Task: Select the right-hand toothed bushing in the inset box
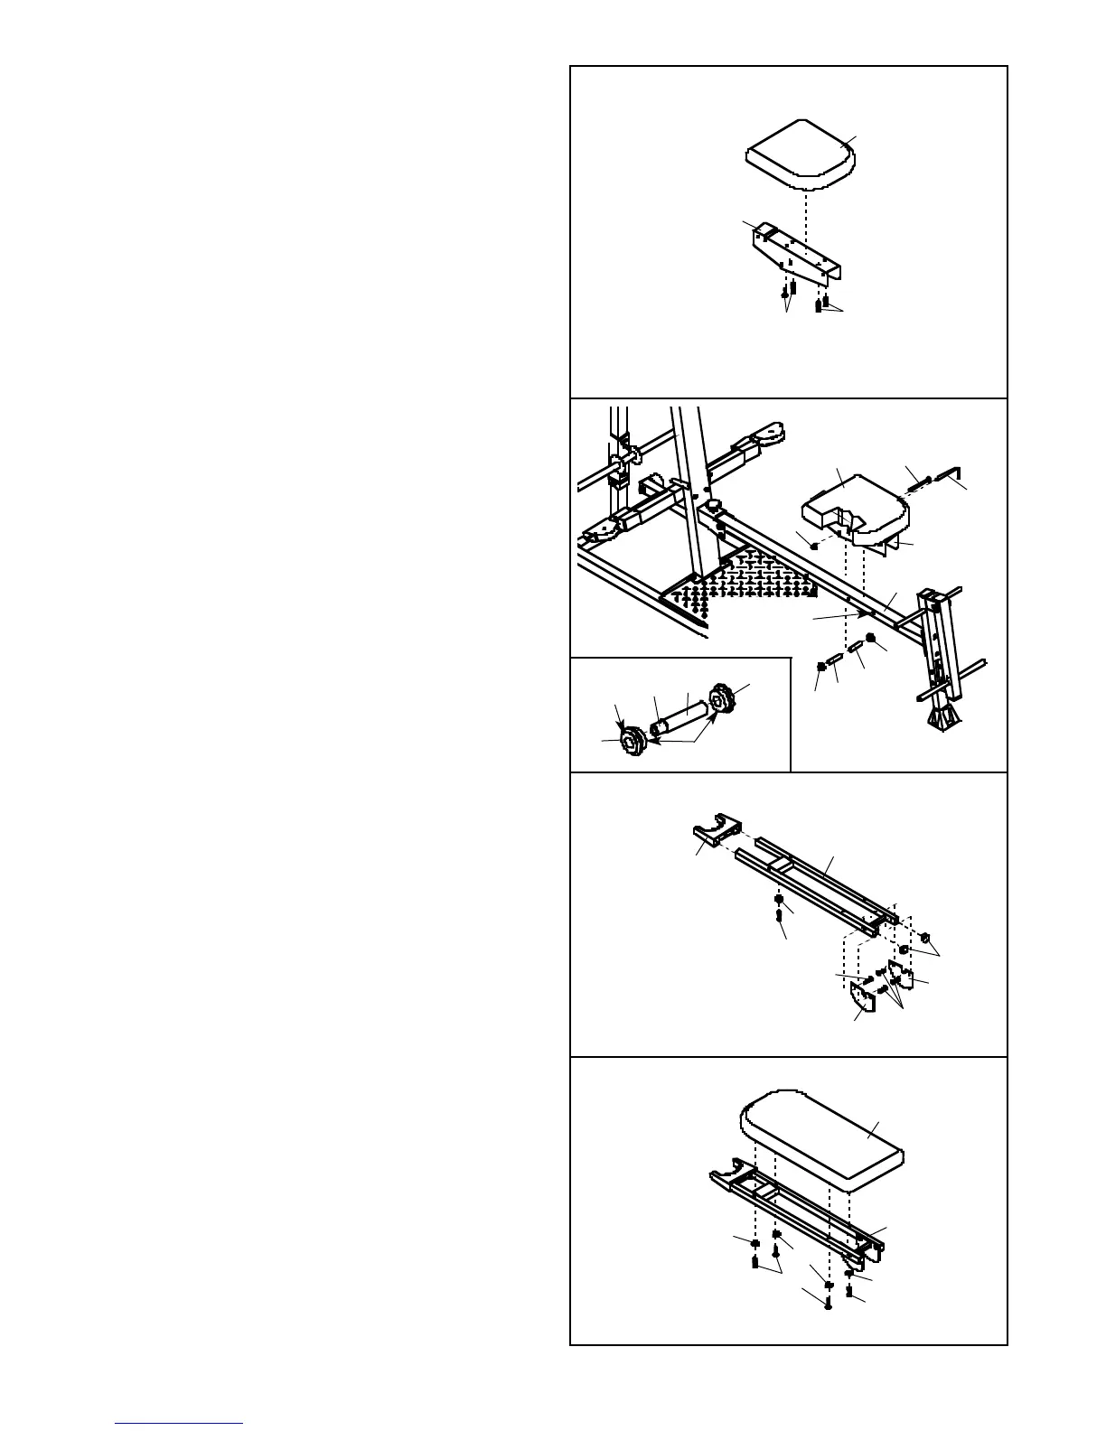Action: click(722, 699)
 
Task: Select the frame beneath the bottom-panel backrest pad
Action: click(795, 1210)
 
